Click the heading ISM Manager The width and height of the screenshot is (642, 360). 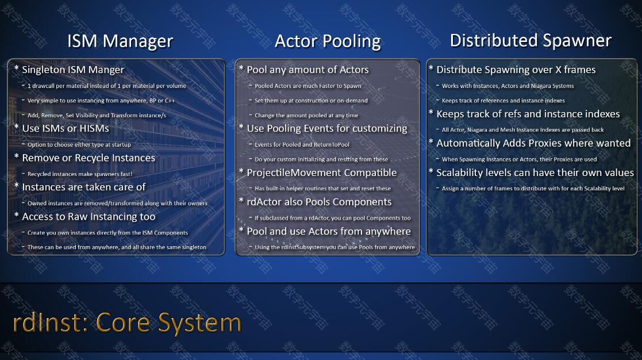[120, 41]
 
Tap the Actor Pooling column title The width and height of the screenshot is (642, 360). [328, 41]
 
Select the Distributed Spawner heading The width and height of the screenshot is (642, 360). [530, 41]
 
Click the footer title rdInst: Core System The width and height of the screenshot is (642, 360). [128, 323]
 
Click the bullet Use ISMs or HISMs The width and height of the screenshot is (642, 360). [66, 128]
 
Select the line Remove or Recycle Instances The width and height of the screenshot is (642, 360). [89, 158]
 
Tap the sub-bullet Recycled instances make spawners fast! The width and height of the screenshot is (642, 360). [80, 174]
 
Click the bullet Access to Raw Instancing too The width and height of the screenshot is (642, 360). [89, 217]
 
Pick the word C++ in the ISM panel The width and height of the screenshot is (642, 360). [170, 101]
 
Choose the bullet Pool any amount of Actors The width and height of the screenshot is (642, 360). [307, 70]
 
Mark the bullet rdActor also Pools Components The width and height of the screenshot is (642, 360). [319, 202]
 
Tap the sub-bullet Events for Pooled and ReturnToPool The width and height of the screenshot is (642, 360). [302, 144]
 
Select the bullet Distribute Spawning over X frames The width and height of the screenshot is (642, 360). [516, 70]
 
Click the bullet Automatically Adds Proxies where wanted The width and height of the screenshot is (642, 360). [533, 143]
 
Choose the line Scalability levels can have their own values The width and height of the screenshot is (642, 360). [535, 173]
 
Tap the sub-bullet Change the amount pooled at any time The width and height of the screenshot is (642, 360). [306, 116]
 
